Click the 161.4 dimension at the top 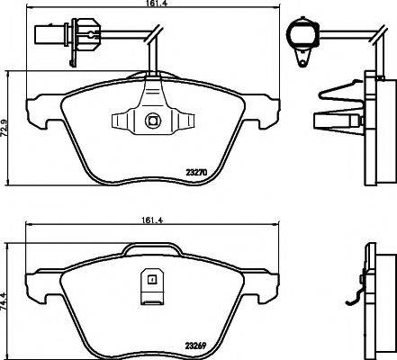click(151, 9)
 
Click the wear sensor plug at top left click(54, 37)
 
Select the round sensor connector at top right click(300, 35)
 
